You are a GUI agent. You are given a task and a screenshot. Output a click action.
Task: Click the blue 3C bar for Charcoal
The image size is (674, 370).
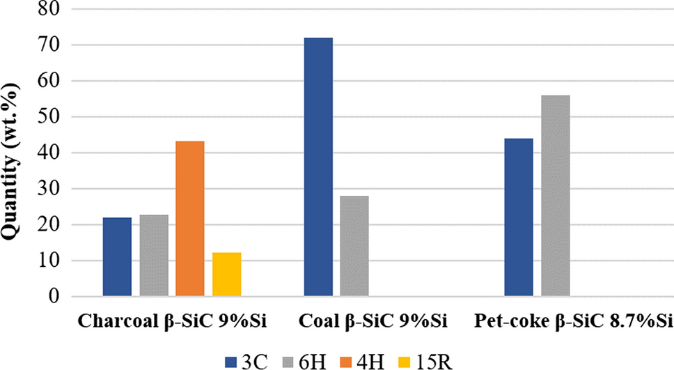(x=118, y=257)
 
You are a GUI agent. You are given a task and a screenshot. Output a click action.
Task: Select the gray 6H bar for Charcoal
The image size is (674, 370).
(x=154, y=256)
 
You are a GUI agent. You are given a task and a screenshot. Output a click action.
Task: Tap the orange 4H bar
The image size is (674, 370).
(x=190, y=219)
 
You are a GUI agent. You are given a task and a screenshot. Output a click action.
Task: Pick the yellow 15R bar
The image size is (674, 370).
(x=226, y=274)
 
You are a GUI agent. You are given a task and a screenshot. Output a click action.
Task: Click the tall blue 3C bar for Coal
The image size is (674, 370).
(x=318, y=167)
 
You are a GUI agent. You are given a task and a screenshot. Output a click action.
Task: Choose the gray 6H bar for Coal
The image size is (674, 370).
(x=354, y=246)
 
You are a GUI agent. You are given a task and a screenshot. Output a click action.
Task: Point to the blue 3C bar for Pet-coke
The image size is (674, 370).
(x=519, y=217)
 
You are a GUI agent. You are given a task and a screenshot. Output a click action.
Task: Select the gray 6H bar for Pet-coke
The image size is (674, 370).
(x=556, y=196)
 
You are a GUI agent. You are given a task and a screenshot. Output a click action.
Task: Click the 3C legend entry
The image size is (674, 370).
(x=246, y=362)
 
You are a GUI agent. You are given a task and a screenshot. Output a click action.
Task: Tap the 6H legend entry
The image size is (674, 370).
(x=305, y=362)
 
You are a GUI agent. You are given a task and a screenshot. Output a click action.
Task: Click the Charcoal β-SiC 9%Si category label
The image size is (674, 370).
(x=172, y=321)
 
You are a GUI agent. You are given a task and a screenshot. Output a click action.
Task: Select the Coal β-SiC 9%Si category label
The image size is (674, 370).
(x=373, y=321)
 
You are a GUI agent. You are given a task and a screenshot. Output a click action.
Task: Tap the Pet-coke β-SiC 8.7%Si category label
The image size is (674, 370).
(x=573, y=321)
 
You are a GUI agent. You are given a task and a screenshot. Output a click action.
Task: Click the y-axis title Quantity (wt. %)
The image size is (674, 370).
(x=10, y=162)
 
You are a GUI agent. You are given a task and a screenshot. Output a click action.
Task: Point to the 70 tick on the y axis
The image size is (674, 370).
(x=48, y=45)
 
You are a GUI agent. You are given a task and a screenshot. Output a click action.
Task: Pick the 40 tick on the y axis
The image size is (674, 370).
(x=48, y=153)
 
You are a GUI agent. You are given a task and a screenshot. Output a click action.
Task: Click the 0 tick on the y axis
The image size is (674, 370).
(x=54, y=296)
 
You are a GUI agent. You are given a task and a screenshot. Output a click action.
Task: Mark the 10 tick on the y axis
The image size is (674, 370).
(x=48, y=261)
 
